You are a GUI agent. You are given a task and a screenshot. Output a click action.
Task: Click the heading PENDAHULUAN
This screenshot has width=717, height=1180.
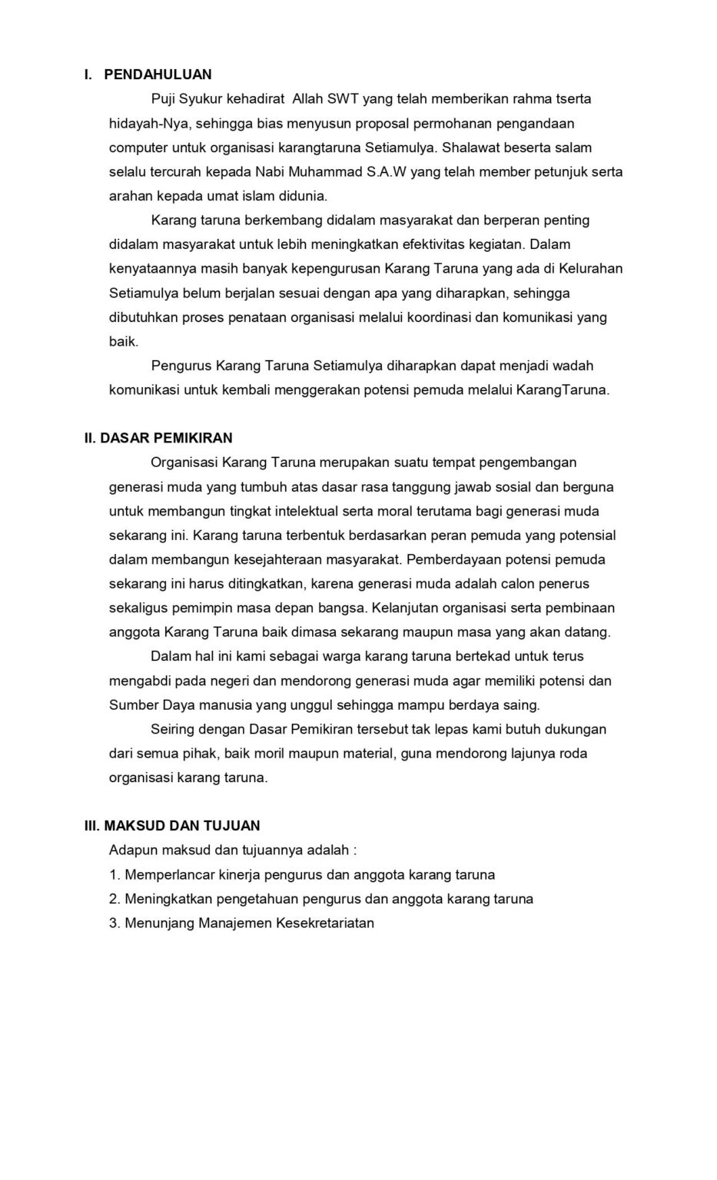point(157,75)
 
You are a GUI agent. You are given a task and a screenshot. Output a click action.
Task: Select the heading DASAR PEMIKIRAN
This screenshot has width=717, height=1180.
point(166,438)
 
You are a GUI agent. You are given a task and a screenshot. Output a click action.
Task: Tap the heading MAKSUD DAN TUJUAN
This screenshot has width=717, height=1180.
point(182,826)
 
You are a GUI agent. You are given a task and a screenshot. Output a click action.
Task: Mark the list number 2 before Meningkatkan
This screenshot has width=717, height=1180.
point(115,899)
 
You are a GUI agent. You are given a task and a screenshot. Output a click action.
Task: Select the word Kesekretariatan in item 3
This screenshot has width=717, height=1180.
point(324,923)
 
